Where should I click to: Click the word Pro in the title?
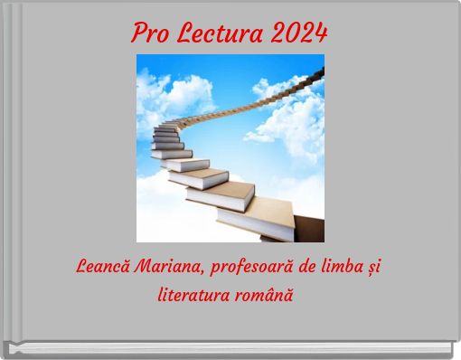[x=150, y=33]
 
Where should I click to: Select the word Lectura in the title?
[x=216, y=33]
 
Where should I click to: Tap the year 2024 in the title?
[x=297, y=33]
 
